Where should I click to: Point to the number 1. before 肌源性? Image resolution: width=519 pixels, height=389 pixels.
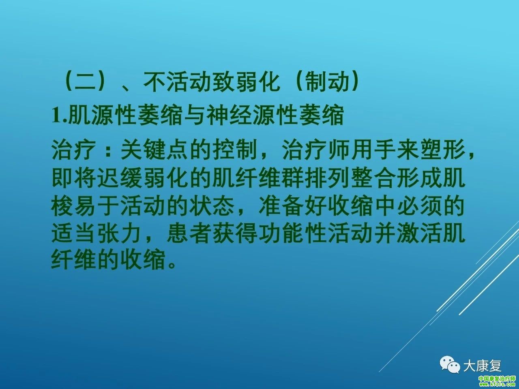click(59, 116)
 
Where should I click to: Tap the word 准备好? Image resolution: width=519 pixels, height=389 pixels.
click(293, 206)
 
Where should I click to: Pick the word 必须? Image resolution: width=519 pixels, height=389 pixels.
click(419, 206)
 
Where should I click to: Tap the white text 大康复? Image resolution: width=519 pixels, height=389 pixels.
click(483, 365)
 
